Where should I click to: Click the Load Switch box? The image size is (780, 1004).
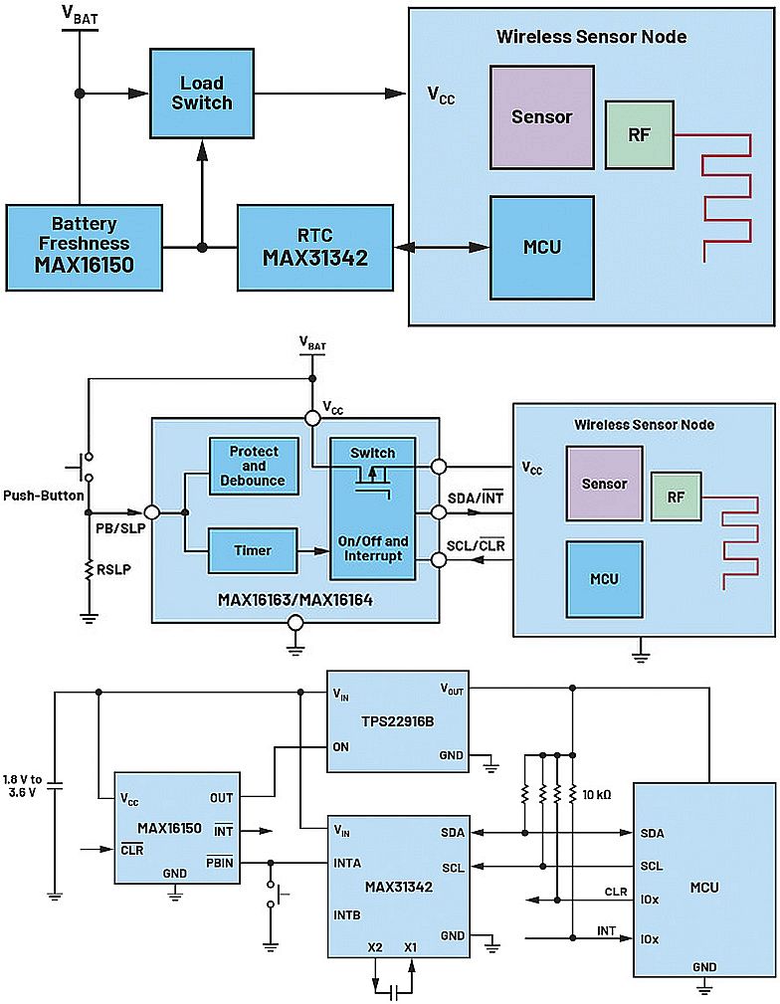tap(201, 93)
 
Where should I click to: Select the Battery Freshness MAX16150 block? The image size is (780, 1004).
tap(84, 247)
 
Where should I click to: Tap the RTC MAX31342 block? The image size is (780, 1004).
tap(314, 247)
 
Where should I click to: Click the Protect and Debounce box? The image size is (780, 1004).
tap(254, 466)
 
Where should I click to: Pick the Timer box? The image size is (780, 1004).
tap(253, 550)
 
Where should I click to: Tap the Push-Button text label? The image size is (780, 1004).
tap(40, 495)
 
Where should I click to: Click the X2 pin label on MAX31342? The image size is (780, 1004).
tap(374, 945)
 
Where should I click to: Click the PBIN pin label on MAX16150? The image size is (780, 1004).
tap(219, 862)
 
